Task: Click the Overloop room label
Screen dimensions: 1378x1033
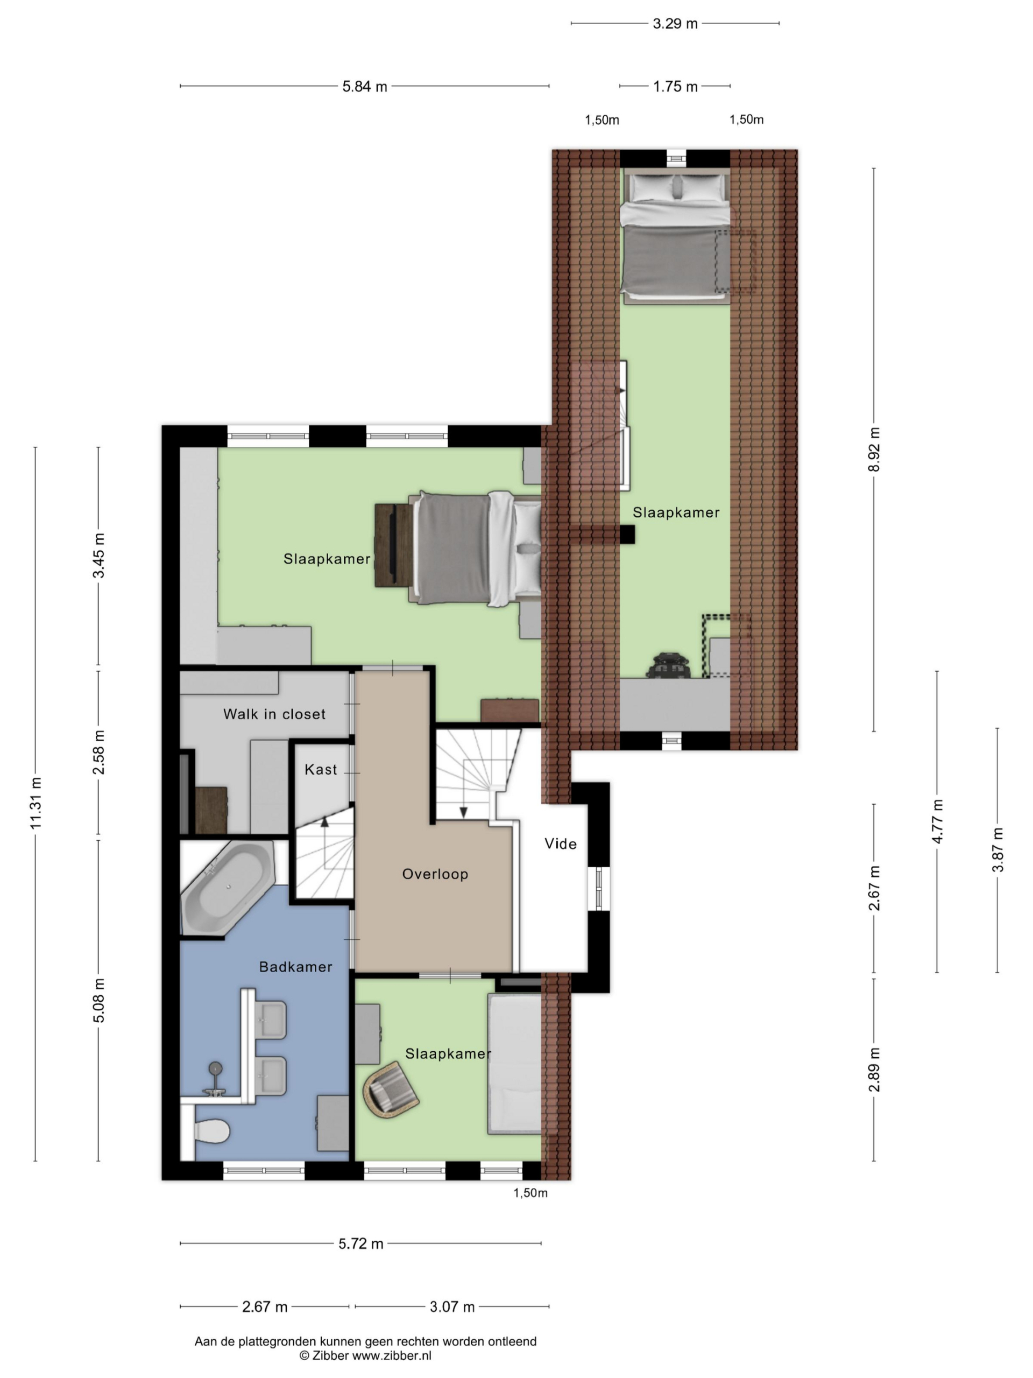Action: (x=435, y=874)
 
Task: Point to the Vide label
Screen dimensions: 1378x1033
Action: (x=561, y=843)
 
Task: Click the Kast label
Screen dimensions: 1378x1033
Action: (x=321, y=769)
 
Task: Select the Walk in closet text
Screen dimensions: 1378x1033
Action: (x=274, y=714)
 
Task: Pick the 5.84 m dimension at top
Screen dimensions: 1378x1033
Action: (x=364, y=87)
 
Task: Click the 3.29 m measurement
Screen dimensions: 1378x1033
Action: (x=675, y=24)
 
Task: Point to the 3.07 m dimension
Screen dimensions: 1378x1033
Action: (x=452, y=1306)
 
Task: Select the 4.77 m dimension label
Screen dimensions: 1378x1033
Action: (x=937, y=821)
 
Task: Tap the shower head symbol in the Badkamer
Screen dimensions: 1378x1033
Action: (x=215, y=1068)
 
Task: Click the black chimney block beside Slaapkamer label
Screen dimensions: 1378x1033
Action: (x=626, y=535)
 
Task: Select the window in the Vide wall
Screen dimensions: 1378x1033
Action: (x=599, y=887)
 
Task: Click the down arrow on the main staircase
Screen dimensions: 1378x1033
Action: (x=463, y=812)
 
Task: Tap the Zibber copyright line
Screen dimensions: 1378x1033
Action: (x=365, y=1355)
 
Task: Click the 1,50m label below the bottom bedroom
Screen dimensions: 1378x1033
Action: (x=530, y=1193)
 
